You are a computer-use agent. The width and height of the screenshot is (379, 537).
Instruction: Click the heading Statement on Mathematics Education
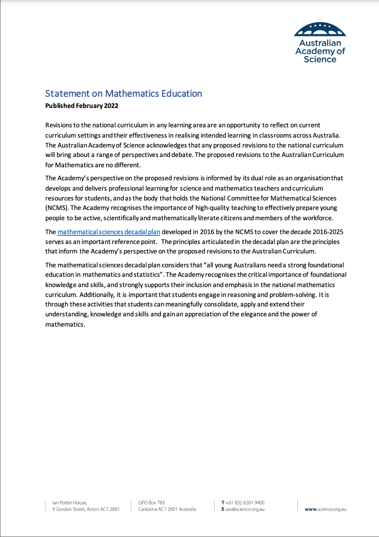click(x=123, y=94)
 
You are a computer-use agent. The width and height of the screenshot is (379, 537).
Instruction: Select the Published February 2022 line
click(x=81, y=106)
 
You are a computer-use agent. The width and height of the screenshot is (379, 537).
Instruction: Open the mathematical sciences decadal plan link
click(x=109, y=232)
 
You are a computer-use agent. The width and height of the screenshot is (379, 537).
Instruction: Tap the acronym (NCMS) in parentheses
click(x=57, y=208)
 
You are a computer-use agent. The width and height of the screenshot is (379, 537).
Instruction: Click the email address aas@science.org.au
click(x=244, y=509)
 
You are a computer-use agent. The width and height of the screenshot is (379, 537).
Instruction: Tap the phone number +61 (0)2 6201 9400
click(x=245, y=503)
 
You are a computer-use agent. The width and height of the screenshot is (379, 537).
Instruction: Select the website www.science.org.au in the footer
click(x=325, y=509)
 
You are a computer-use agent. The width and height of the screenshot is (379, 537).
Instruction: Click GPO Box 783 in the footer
click(x=151, y=503)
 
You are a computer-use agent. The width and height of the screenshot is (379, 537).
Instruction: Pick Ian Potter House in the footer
click(x=70, y=503)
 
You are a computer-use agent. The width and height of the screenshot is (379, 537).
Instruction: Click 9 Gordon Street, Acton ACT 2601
click(x=86, y=509)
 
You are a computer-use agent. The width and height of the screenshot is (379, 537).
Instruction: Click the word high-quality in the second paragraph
click(x=212, y=208)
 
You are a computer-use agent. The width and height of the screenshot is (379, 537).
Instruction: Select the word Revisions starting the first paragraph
click(x=59, y=125)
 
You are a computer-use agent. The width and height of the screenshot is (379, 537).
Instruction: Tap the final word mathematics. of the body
click(x=65, y=324)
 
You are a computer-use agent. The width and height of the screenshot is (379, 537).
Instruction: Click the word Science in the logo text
click(x=320, y=59)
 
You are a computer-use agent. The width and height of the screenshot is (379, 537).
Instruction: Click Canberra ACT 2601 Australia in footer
click(x=167, y=509)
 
